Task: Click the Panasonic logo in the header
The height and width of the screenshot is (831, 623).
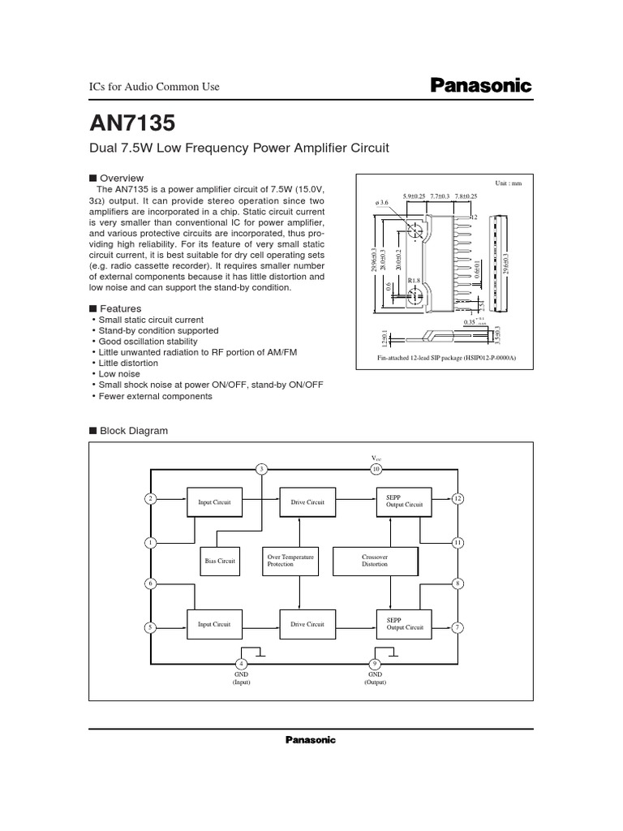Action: click(479, 85)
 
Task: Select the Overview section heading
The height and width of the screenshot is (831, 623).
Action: click(121, 178)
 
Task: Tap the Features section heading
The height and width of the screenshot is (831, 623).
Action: click(120, 308)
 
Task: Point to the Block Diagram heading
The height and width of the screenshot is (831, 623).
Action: click(133, 431)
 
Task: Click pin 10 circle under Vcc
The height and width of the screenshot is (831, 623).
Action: click(376, 469)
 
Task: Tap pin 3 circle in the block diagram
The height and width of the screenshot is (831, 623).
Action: click(261, 469)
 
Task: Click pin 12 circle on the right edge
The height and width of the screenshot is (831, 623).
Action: click(458, 497)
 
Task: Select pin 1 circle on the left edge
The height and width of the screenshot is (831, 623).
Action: click(150, 542)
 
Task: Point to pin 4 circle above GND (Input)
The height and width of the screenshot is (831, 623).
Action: click(240, 663)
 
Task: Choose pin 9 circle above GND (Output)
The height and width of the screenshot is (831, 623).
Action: click(376, 663)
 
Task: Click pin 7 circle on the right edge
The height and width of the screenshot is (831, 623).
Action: click(458, 627)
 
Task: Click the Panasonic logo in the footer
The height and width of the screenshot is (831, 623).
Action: click(310, 739)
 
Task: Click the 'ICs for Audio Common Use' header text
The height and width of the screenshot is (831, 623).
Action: click(153, 87)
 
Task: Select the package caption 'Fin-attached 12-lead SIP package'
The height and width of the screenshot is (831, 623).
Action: click(447, 358)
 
